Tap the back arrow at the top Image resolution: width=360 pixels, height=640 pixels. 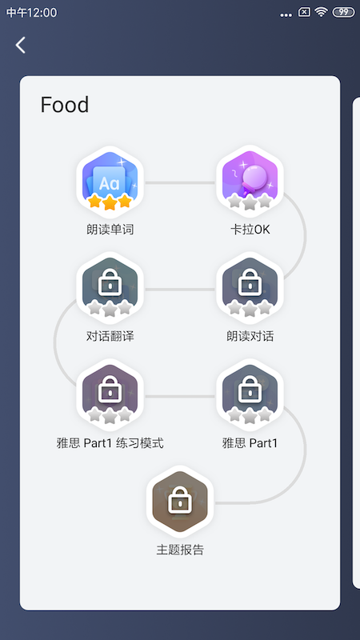[x=21, y=45]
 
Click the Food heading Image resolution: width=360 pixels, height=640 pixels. [x=65, y=105]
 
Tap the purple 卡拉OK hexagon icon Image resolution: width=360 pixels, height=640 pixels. [x=250, y=182]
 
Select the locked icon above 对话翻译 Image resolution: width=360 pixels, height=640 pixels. [x=110, y=287]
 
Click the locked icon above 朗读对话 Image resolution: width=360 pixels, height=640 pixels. [x=250, y=287]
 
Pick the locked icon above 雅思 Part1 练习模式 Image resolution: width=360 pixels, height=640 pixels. [x=110, y=394]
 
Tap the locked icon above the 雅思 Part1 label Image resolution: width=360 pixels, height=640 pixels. [x=250, y=394]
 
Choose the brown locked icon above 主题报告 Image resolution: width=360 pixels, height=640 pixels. [x=180, y=502]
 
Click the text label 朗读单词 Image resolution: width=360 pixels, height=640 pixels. [x=110, y=230]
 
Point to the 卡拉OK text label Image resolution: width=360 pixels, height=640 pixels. [x=250, y=230]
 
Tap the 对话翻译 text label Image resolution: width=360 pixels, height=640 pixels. [x=110, y=336]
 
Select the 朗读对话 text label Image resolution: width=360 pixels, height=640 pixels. [x=250, y=336]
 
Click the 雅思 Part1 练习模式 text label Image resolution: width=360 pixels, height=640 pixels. [x=110, y=443]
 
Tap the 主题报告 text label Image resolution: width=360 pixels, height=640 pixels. [x=180, y=550]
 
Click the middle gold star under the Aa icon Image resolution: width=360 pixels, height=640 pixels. [x=110, y=202]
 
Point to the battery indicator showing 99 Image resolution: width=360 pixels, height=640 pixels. [x=344, y=12]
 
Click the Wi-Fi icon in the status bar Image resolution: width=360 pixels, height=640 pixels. [x=322, y=12]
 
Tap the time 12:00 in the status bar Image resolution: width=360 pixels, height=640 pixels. [x=42, y=13]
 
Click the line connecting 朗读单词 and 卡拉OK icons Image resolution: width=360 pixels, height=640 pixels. [x=180, y=182]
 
